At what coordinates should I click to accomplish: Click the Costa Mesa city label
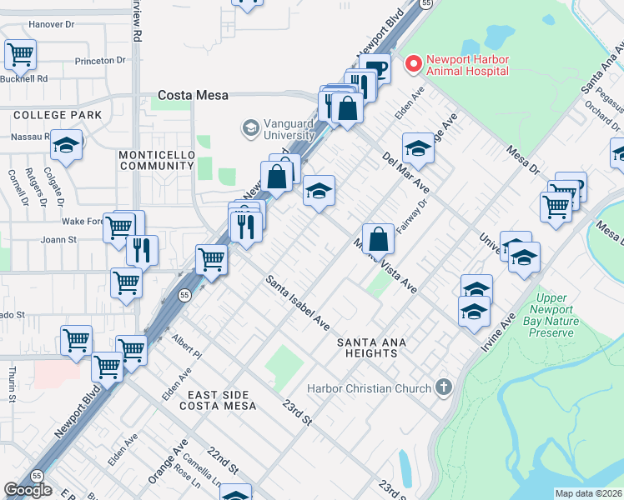[194, 96]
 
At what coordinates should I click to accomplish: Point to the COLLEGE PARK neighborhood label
[57, 115]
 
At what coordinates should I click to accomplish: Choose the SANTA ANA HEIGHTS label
[367, 347]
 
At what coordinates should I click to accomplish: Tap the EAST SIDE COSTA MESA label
[227, 400]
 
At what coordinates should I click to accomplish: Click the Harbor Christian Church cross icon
[444, 387]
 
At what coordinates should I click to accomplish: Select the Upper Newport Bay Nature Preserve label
[551, 315]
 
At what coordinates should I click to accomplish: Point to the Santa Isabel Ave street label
[298, 302]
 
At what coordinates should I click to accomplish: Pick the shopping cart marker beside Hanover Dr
[20, 55]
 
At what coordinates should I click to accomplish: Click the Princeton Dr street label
[99, 61]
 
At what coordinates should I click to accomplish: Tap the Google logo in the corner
[28, 490]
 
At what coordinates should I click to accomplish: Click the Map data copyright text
[588, 493]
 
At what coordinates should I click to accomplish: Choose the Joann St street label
[58, 238]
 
